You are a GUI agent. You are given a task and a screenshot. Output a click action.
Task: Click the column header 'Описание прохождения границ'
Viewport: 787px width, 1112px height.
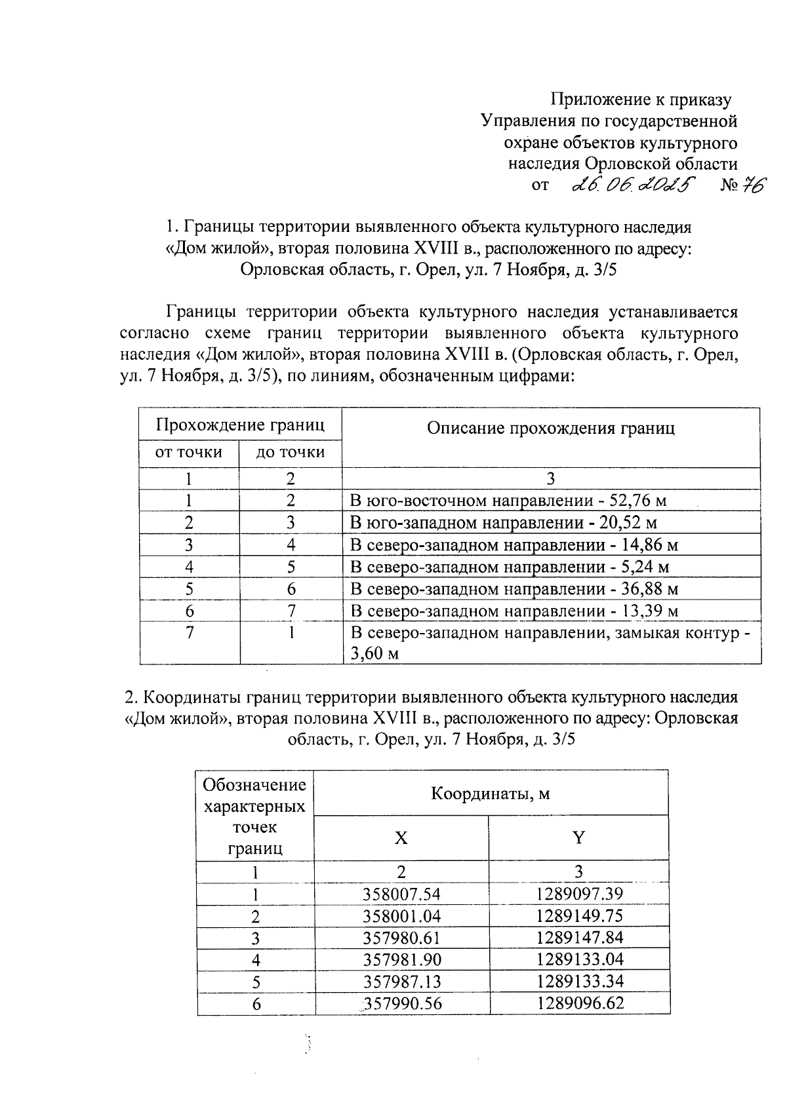[x=550, y=429]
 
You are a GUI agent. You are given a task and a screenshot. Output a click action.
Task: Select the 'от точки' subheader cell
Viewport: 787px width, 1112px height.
[x=188, y=452]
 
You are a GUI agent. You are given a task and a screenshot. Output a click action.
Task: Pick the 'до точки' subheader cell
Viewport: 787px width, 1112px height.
[x=290, y=452]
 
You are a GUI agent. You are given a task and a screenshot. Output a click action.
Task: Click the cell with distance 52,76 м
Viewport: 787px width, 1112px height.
[x=508, y=501]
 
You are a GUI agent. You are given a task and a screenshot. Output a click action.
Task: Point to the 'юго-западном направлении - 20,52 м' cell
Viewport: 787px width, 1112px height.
[x=504, y=523]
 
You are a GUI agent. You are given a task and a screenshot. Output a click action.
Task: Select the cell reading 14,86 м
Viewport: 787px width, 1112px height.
[x=514, y=545]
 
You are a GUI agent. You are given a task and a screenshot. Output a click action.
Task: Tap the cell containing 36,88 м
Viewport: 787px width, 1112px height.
[x=514, y=588]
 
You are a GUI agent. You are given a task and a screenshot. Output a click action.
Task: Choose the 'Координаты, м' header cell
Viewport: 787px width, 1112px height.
[x=491, y=794]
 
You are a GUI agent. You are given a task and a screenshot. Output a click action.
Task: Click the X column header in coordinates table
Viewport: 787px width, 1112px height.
[x=401, y=838]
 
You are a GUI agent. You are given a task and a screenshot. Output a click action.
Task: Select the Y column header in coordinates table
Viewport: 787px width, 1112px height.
[x=578, y=838]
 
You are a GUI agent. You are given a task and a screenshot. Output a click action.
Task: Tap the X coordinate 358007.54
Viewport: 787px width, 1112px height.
[x=401, y=894]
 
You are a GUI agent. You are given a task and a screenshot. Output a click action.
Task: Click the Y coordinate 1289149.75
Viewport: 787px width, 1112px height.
[x=579, y=915]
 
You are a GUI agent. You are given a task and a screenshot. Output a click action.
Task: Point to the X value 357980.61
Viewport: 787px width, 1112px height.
[x=401, y=938]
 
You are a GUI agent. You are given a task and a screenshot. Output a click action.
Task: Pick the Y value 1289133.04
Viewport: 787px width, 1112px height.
[x=579, y=959]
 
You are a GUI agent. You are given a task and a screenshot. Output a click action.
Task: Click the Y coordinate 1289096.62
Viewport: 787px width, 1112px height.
[x=579, y=1003]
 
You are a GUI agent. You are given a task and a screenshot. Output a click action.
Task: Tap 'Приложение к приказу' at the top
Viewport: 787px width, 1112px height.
[x=640, y=100]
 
